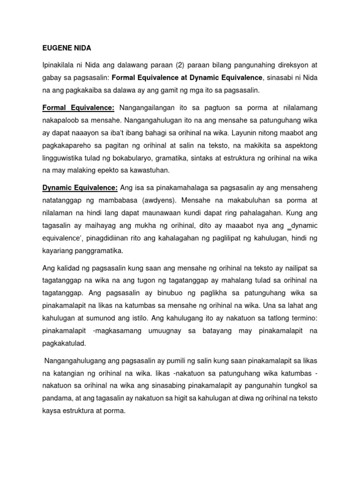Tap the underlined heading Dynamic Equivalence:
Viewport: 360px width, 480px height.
pyautogui.click(x=80, y=187)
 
